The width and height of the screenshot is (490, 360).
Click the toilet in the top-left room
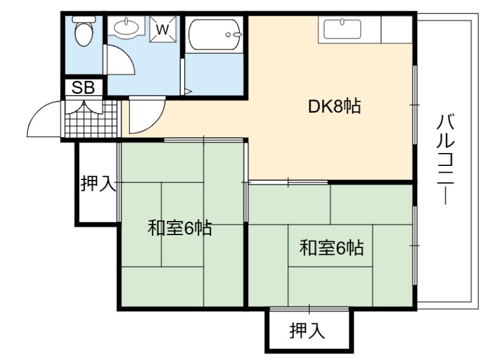click(x=84, y=31)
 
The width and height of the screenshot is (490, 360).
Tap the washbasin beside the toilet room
click(x=126, y=26)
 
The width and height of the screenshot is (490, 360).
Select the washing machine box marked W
click(x=162, y=29)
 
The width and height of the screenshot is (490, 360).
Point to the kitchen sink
click(x=342, y=29)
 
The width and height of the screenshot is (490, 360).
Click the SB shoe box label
click(x=83, y=88)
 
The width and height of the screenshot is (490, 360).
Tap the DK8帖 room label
click(x=334, y=107)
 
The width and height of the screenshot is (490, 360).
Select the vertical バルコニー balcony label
click(x=445, y=159)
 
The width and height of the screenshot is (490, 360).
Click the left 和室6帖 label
click(x=179, y=228)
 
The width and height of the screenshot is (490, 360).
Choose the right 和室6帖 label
click(x=331, y=248)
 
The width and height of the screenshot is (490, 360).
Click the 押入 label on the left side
click(x=99, y=183)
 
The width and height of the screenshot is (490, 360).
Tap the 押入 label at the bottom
click(x=307, y=331)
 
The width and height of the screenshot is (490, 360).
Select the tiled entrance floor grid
click(x=92, y=119)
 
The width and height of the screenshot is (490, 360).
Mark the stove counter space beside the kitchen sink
click(x=397, y=29)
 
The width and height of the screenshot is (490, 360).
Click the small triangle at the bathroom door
click(x=188, y=92)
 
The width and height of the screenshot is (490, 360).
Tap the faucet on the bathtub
click(x=234, y=35)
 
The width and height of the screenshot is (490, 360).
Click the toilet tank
click(x=84, y=19)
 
